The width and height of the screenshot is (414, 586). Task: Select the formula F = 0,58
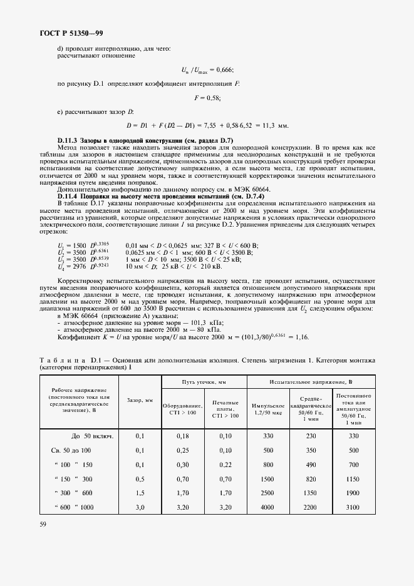(x=207, y=98)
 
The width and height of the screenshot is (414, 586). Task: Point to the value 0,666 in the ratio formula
(x=223, y=70)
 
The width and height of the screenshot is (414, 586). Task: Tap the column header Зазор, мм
(x=140, y=400)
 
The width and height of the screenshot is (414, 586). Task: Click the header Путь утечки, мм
(x=204, y=381)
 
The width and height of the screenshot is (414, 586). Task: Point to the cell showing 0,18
(x=182, y=436)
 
